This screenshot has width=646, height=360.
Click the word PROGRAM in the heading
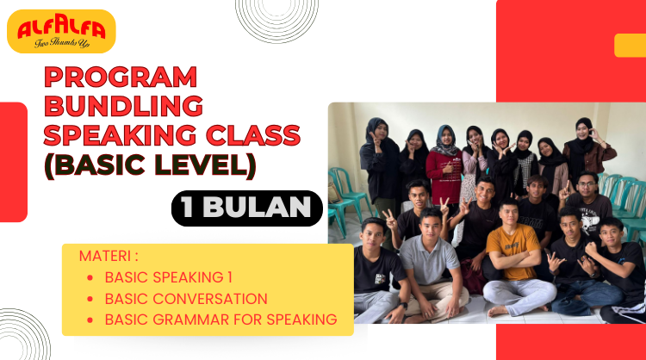point(120,78)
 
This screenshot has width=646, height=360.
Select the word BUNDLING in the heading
point(123,106)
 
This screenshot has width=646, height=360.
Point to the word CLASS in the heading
point(258,134)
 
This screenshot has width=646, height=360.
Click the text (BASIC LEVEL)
point(150,164)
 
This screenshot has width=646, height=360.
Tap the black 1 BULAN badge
point(246,208)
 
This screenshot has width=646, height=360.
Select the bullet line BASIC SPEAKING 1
point(169,277)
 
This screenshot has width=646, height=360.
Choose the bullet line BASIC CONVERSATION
point(186,299)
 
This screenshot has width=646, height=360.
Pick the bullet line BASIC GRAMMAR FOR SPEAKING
point(221,320)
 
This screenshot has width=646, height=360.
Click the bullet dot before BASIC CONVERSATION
point(91,299)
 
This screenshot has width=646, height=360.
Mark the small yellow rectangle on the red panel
point(630,45)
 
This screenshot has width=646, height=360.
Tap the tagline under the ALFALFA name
point(60,43)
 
